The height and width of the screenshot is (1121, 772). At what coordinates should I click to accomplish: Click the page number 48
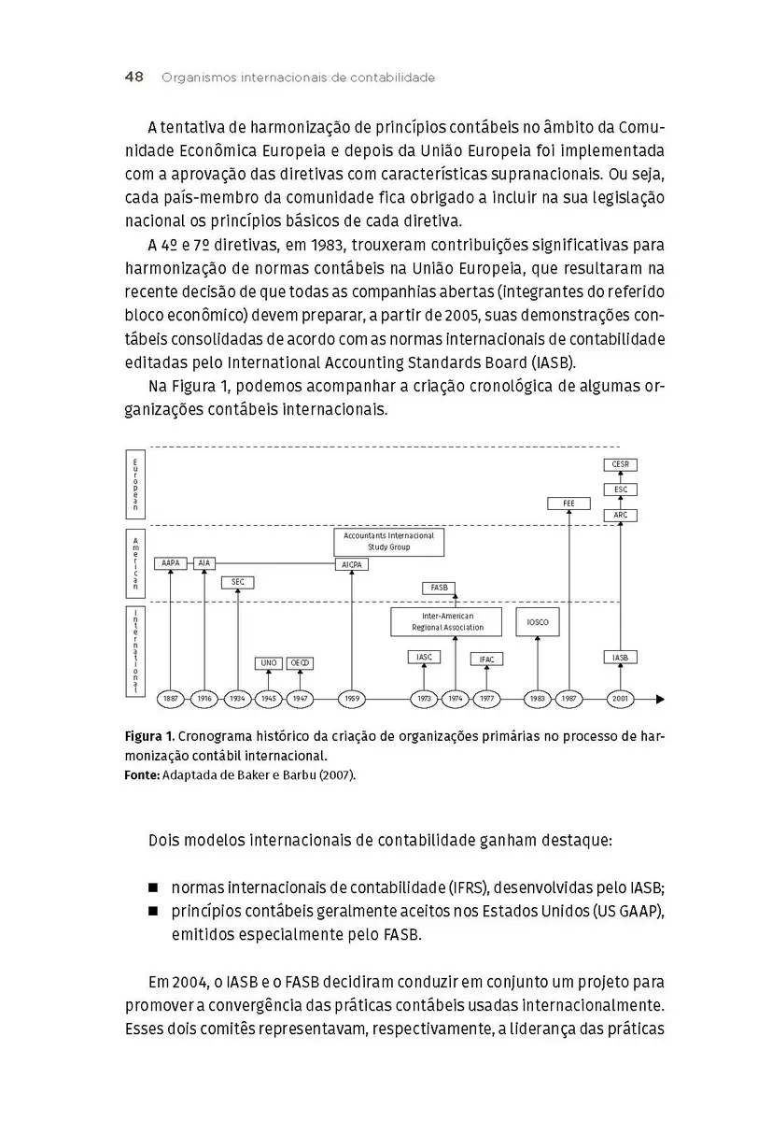133,78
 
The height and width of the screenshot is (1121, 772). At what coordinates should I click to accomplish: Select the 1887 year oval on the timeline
171,699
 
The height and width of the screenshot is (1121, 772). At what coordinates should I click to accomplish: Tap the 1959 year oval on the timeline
352,699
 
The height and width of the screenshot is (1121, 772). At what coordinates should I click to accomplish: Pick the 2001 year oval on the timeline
621,699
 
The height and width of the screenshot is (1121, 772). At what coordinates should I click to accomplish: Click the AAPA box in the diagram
171,563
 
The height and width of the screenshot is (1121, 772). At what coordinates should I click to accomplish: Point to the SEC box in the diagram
238,582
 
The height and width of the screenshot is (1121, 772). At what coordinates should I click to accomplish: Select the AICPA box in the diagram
352,564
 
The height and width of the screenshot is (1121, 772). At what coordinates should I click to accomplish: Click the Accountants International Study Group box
389,542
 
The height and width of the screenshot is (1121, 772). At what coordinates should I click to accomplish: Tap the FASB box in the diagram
440,588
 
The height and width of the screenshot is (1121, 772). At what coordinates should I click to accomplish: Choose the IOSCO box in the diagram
538,622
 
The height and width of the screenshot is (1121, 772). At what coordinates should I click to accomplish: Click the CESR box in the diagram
621,464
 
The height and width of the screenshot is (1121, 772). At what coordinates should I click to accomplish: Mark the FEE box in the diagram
569,504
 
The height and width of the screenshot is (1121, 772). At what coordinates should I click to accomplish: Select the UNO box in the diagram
268,663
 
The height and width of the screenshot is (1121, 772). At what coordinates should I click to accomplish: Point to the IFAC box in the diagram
486,659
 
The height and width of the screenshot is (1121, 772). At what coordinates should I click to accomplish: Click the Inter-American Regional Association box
448,622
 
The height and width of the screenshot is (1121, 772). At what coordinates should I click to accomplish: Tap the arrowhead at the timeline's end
660,699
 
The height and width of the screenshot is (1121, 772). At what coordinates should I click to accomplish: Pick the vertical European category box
135,483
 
